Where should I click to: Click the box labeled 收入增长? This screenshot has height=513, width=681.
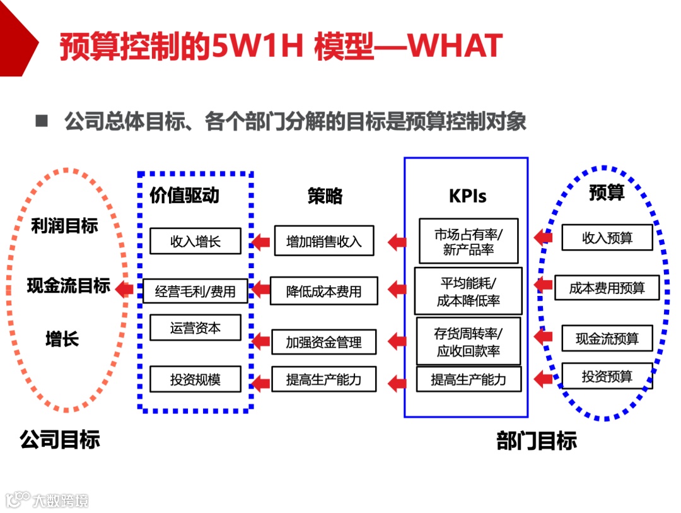coord(195,241)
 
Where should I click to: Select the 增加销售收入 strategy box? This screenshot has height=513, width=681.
coord(323,241)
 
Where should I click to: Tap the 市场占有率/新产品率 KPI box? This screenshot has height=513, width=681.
coord(468,241)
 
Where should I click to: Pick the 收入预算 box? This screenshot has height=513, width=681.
coord(607,238)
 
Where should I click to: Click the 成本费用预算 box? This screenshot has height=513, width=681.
coord(607,288)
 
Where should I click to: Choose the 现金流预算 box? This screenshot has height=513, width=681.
coord(607,339)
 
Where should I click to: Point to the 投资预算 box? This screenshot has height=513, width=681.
coord(607,376)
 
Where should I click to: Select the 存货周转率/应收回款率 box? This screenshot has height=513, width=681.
coord(468,341)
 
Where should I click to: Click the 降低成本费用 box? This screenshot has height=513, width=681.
coord(323,291)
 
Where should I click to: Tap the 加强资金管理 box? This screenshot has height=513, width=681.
coord(323,342)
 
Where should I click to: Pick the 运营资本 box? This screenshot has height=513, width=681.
coord(195,328)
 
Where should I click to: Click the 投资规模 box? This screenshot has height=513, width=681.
coord(195,379)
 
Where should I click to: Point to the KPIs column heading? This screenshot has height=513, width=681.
coord(467,196)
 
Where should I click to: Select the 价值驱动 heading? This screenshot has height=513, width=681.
coord(184,195)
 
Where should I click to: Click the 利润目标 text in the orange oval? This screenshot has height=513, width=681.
coord(64,226)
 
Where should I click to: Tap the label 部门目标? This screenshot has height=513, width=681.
coord(537,441)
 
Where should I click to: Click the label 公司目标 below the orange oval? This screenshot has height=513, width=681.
coord(59,439)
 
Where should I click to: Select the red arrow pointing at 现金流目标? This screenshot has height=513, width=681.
coord(124,290)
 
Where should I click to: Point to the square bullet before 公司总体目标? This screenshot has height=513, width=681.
coord(42,121)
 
